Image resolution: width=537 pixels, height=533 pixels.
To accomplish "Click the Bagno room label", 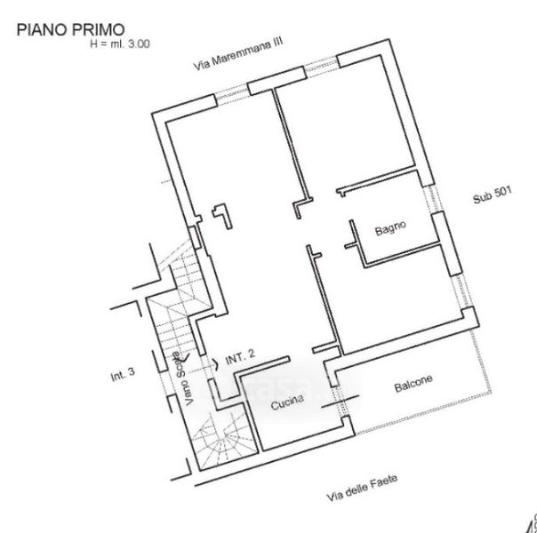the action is (x=389, y=229).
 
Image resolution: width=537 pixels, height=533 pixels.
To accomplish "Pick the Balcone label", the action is (x=413, y=385).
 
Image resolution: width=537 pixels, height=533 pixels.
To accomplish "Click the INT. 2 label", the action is (x=241, y=356).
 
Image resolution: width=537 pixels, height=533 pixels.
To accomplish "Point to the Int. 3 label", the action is (x=123, y=375).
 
